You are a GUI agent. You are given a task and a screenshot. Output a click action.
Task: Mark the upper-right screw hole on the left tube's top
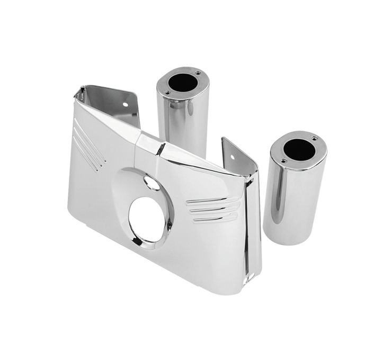(x=198, y=73)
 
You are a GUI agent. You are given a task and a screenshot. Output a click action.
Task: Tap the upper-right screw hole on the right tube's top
(x=314, y=139)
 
